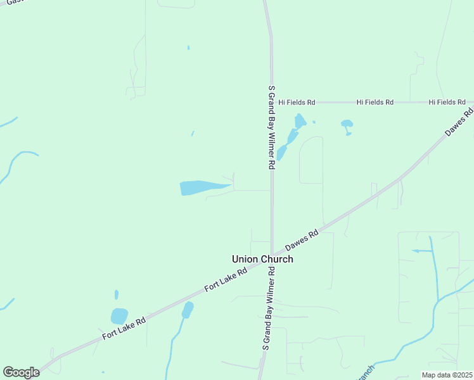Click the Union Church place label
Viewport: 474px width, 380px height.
click(x=262, y=259)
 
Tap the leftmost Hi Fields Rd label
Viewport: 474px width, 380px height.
click(x=297, y=102)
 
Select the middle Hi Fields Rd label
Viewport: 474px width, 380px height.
click(x=375, y=102)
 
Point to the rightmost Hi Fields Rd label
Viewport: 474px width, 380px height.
click(x=447, y=102)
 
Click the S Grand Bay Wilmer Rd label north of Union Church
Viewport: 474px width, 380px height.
click(x=271, y=127)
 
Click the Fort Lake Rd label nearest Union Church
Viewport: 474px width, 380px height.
click(x=226, y=280)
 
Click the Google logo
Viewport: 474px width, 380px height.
click(x=21, y=372)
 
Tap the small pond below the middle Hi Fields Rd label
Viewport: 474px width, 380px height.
click(x=347, y=125)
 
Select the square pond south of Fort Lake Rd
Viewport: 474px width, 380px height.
click(x=119, y=316)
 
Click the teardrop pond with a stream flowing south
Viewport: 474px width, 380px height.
click(x=187, y=310)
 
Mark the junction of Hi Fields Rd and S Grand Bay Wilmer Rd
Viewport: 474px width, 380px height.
click(x=272, y=102)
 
